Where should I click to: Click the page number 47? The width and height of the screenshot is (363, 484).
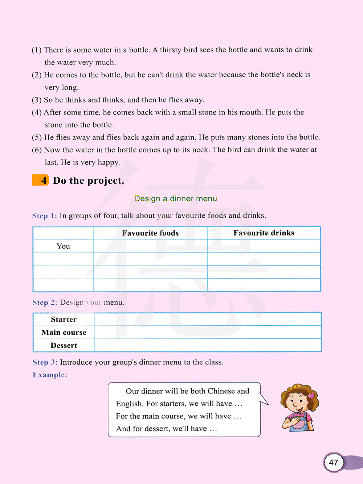click(334, 462)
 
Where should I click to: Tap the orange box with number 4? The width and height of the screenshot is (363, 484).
click(41, 180)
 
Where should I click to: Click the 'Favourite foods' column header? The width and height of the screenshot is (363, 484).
click(150, 233)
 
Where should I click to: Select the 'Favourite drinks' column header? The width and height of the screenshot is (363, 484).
click(264, 233)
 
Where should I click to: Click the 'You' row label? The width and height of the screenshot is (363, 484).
click(63, 246)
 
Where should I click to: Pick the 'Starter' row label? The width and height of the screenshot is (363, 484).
click(64, 320)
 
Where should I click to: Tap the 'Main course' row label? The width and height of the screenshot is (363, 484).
click(64, 333)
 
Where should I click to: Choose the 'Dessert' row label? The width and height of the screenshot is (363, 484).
click(64, 346)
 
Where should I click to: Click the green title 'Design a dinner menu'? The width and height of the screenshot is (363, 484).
click(176, 199)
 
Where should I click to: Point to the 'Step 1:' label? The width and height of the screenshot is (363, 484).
click(45, 216)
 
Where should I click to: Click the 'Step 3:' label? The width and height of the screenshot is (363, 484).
click(45, 362)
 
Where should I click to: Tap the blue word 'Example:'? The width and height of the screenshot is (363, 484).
click(50, 375)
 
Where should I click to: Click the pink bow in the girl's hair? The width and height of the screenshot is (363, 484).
click(311, 396)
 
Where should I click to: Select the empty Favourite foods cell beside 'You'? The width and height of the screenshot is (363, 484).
click(150, 246)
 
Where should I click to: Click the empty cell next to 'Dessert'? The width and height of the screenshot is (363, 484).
click(208, 345)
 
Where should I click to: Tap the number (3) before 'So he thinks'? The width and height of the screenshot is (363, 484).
click(37, 100)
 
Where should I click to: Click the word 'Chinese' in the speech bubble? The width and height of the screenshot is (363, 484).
click(221, 391)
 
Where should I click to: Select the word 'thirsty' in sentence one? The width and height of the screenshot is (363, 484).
click(171, 50)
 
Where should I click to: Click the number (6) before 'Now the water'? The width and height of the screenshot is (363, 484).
click(37, 150)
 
